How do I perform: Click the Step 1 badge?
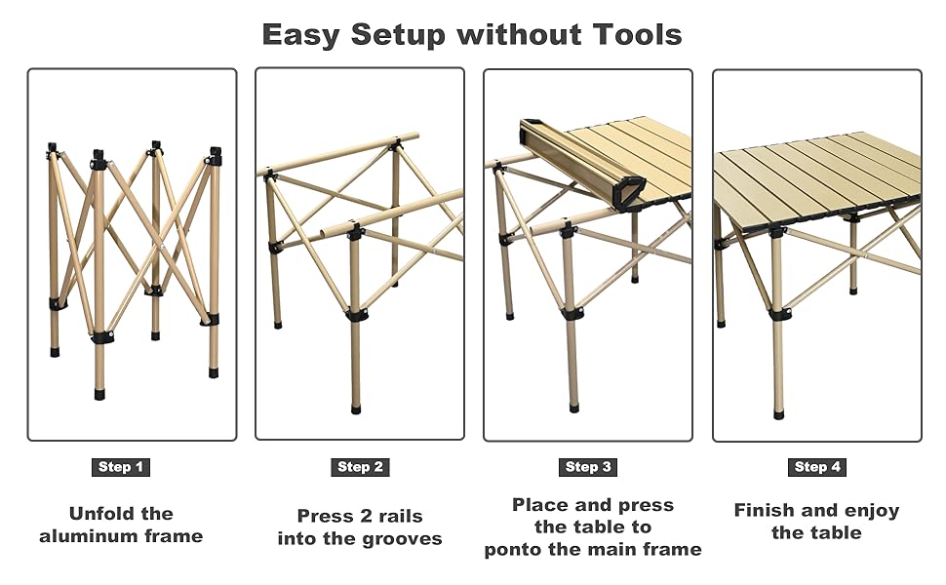click(121, 467)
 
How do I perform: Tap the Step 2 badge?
click(360, 467)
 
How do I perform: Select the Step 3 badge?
click(588, 467)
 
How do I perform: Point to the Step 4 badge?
click(817, 467)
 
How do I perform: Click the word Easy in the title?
click(301, 35)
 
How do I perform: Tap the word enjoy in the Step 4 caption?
click(872, 512)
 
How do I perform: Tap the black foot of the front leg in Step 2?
click(356, 409)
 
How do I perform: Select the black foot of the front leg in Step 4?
click(779, 414)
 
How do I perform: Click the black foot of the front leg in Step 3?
click(573, 409)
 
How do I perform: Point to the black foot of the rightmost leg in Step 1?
click(214, 371)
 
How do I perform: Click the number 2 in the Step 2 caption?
click(366, 516)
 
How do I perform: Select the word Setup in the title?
click(398, 35)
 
